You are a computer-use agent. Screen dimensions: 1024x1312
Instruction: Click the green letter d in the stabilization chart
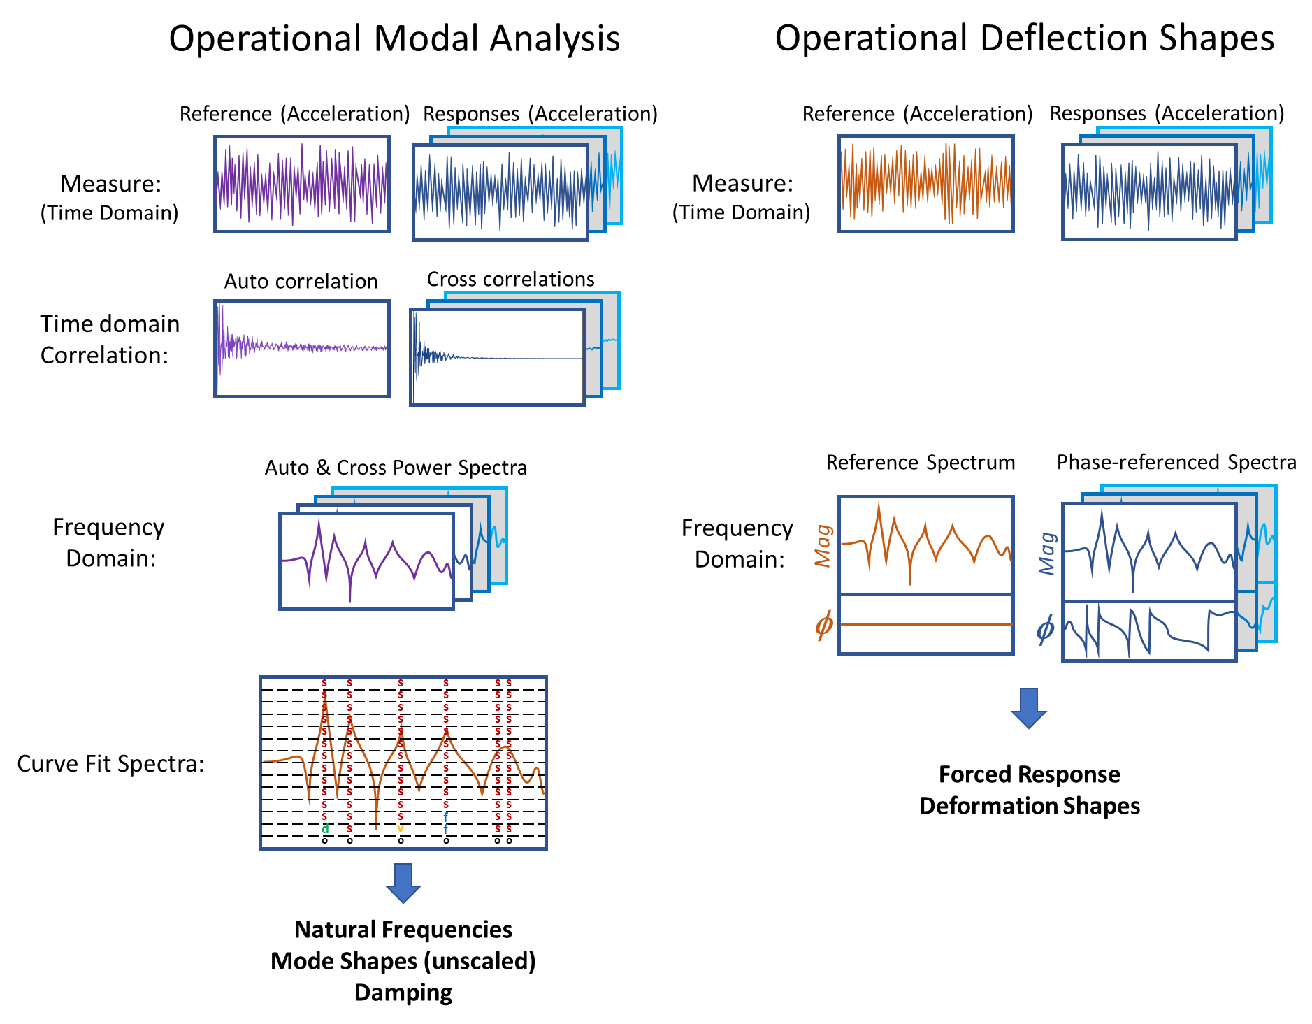pos(325,829)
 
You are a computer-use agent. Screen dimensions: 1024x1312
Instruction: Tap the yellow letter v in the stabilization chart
pos(401,829)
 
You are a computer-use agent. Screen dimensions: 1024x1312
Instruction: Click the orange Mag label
pos(823,545)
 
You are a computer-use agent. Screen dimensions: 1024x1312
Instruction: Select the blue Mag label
pos(1047,553)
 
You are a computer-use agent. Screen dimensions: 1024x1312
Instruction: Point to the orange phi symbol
pos(824,624)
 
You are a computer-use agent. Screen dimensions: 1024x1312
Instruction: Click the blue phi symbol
pos(1045,629)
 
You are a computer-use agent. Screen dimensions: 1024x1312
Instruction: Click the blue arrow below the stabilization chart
pos(403,883)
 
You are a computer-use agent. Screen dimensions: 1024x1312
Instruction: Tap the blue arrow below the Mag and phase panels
pos(1028,708)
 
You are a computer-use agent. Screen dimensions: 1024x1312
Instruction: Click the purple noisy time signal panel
pos(302,184)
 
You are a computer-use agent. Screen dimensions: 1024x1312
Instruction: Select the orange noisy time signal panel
pos(925,184)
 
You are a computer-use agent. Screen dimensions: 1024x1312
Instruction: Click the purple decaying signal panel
pos(302,349)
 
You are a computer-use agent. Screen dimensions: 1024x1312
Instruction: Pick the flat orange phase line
pos(925,624)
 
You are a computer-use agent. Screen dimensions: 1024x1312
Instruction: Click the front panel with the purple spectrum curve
pos(366,561)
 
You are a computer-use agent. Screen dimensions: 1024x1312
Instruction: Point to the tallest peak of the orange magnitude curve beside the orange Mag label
pos(879,503)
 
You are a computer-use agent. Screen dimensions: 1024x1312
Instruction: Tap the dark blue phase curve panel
pos(1149,631)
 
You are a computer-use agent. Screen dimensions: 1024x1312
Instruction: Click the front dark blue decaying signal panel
pos(497,357)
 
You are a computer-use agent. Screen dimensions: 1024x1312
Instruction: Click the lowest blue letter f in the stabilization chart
pos(446,829)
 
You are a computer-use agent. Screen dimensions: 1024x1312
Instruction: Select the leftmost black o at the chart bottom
pos(324,841)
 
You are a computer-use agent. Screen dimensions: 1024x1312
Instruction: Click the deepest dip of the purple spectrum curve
pos(350,600)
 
